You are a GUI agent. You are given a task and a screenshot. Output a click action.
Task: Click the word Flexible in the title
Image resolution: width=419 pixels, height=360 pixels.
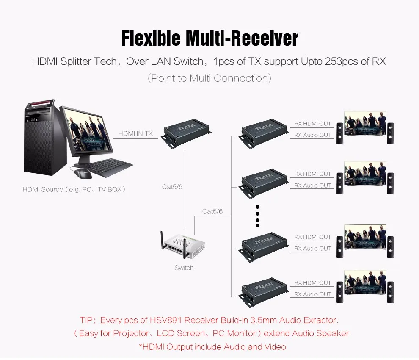[151, 39]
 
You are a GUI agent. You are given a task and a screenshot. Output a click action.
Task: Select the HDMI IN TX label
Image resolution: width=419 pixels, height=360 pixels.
[135, 133]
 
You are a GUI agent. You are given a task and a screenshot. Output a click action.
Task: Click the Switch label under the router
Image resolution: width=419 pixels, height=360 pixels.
[184, 268]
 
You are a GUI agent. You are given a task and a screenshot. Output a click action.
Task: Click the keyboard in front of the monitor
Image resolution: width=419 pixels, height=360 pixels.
[110, 167]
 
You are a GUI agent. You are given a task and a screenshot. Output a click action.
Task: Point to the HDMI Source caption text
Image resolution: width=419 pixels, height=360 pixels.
[74, 190]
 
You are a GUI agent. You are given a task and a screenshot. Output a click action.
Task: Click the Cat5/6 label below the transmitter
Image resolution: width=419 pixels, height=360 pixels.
[172, 187]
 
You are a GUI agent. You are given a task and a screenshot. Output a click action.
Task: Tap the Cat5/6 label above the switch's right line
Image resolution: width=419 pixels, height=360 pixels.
[212, 212]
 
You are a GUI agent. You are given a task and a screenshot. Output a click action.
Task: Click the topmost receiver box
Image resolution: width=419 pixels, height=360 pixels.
[264, 135]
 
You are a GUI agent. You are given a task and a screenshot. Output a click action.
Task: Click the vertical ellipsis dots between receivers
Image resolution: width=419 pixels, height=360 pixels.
[257, 216]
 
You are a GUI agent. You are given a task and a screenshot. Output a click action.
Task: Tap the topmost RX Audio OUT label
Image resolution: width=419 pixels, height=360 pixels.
[313, 135]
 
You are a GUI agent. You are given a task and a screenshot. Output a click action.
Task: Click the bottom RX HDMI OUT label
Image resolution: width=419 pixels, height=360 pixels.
[313, 282]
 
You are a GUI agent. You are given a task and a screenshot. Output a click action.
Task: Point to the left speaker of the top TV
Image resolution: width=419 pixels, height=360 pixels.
[340, 133]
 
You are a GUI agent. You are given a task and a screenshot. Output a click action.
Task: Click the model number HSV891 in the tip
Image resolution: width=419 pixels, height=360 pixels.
[165, 320]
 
